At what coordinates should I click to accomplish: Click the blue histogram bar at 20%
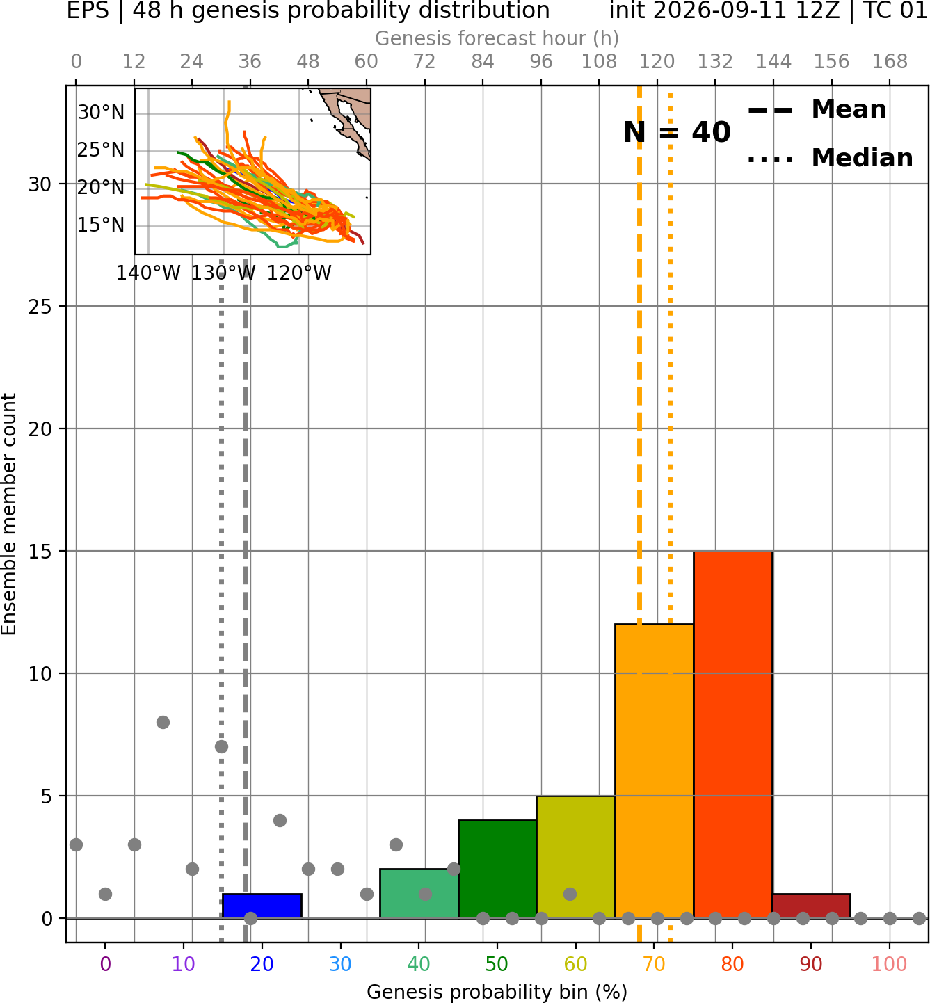point(262,906)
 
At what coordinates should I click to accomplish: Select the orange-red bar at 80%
point(733,735)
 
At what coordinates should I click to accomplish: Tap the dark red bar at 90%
point(811,906)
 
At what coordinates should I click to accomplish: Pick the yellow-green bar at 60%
point(576,857)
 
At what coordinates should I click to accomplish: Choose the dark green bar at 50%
point(497,869)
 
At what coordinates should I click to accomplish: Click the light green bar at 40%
point(419,893)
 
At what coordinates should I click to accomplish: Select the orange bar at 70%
point(654,771)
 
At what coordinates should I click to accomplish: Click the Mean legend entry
point(817,109)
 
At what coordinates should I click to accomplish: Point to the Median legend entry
point(830,158)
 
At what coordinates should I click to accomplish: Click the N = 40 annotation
point(677,132)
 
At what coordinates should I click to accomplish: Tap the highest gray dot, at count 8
point(163,722)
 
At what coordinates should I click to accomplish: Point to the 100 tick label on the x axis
point(890,965)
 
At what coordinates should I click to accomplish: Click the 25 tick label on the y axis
point(40,307)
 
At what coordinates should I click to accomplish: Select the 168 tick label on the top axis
point(890,62)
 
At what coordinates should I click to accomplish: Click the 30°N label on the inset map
point(101,112)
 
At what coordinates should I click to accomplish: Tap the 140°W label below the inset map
point(148,273)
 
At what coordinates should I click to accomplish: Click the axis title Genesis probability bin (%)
point(497,992)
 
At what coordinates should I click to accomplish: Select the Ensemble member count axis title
point(9,515)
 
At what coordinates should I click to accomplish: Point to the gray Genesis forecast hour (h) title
point(497,38)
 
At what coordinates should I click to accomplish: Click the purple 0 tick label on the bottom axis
point(105,965)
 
